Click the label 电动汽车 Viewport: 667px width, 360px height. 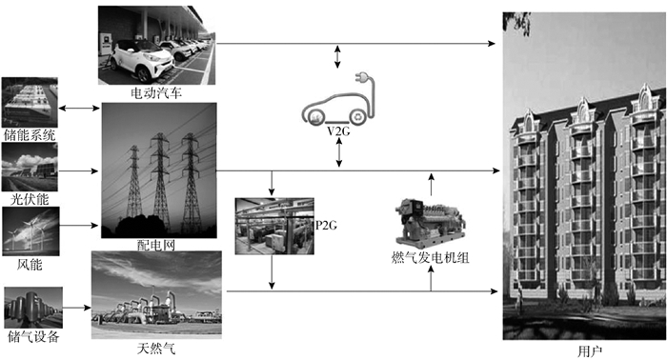pyautogui.click(x=156, y=93)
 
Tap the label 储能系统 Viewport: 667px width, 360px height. pyautogui.click(x=30, y=134)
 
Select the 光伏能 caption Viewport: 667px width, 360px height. pyautogui.click(x=30, y=199)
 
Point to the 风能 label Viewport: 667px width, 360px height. pyautogui.click(x=30, y=265)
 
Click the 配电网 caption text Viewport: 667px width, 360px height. pyautogui.click(x=155, y=245)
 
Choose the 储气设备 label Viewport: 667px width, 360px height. pyautogui.click(x=33, y=336)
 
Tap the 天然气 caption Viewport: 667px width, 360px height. pyautogui.click(x=156, y=349)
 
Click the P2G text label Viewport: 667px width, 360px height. pyautogui.click(x=326, y=226)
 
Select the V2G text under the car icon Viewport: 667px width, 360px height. pyautogui.click(x=338, y=131)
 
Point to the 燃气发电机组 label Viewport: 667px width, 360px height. pyautogui.click(x=430, y=257)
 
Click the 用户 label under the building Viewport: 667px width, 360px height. pyautogui.click(x=590, y=351)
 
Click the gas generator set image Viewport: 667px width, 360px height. pyautogui.click(x=430, y=223)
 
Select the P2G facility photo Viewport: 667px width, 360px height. pyautogui.click(x=274, y=226)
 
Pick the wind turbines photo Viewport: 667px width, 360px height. pyautogui.click(x=31, y=231)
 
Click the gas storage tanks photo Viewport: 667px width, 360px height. pyautogui.click(x=33, y=308)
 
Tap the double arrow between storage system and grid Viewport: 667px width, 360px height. pyautogui.click(x=79, y=109)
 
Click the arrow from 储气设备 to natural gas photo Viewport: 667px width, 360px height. pyautogui.click(x=77, y=308)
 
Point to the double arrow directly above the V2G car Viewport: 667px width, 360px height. pyautogui.click(x=337, y=56)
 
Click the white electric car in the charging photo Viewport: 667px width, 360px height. pyautogui.click(x=142, y=60)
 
